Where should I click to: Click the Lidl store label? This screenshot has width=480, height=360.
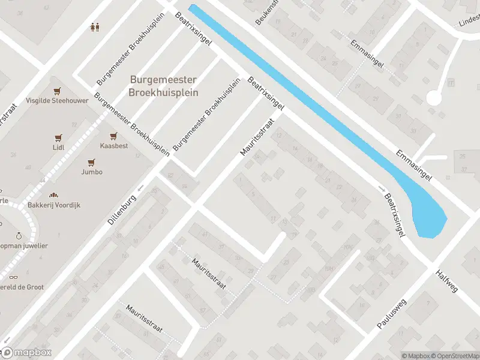point(58,147)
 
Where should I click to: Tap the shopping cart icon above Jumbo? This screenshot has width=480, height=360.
point(92,162)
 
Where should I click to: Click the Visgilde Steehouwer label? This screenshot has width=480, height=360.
point(57,101)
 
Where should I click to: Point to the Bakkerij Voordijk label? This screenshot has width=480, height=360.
point(54,205)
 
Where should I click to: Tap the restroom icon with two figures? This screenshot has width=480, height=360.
point(94,26)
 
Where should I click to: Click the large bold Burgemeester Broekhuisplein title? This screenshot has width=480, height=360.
point(163,86)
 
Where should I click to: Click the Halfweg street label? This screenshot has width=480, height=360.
point(447,280)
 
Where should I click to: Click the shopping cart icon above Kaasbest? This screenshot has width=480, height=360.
point(112,136)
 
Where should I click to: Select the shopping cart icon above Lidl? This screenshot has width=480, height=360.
point(58,137)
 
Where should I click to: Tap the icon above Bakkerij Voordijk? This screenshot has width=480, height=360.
point(54,195)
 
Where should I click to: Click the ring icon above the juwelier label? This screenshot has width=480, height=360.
point(19,236)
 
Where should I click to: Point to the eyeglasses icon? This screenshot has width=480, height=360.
point(13,277)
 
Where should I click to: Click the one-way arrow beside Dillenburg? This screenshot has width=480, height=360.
point(141,189)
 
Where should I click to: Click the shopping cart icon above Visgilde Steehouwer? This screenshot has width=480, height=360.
point(57,92)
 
